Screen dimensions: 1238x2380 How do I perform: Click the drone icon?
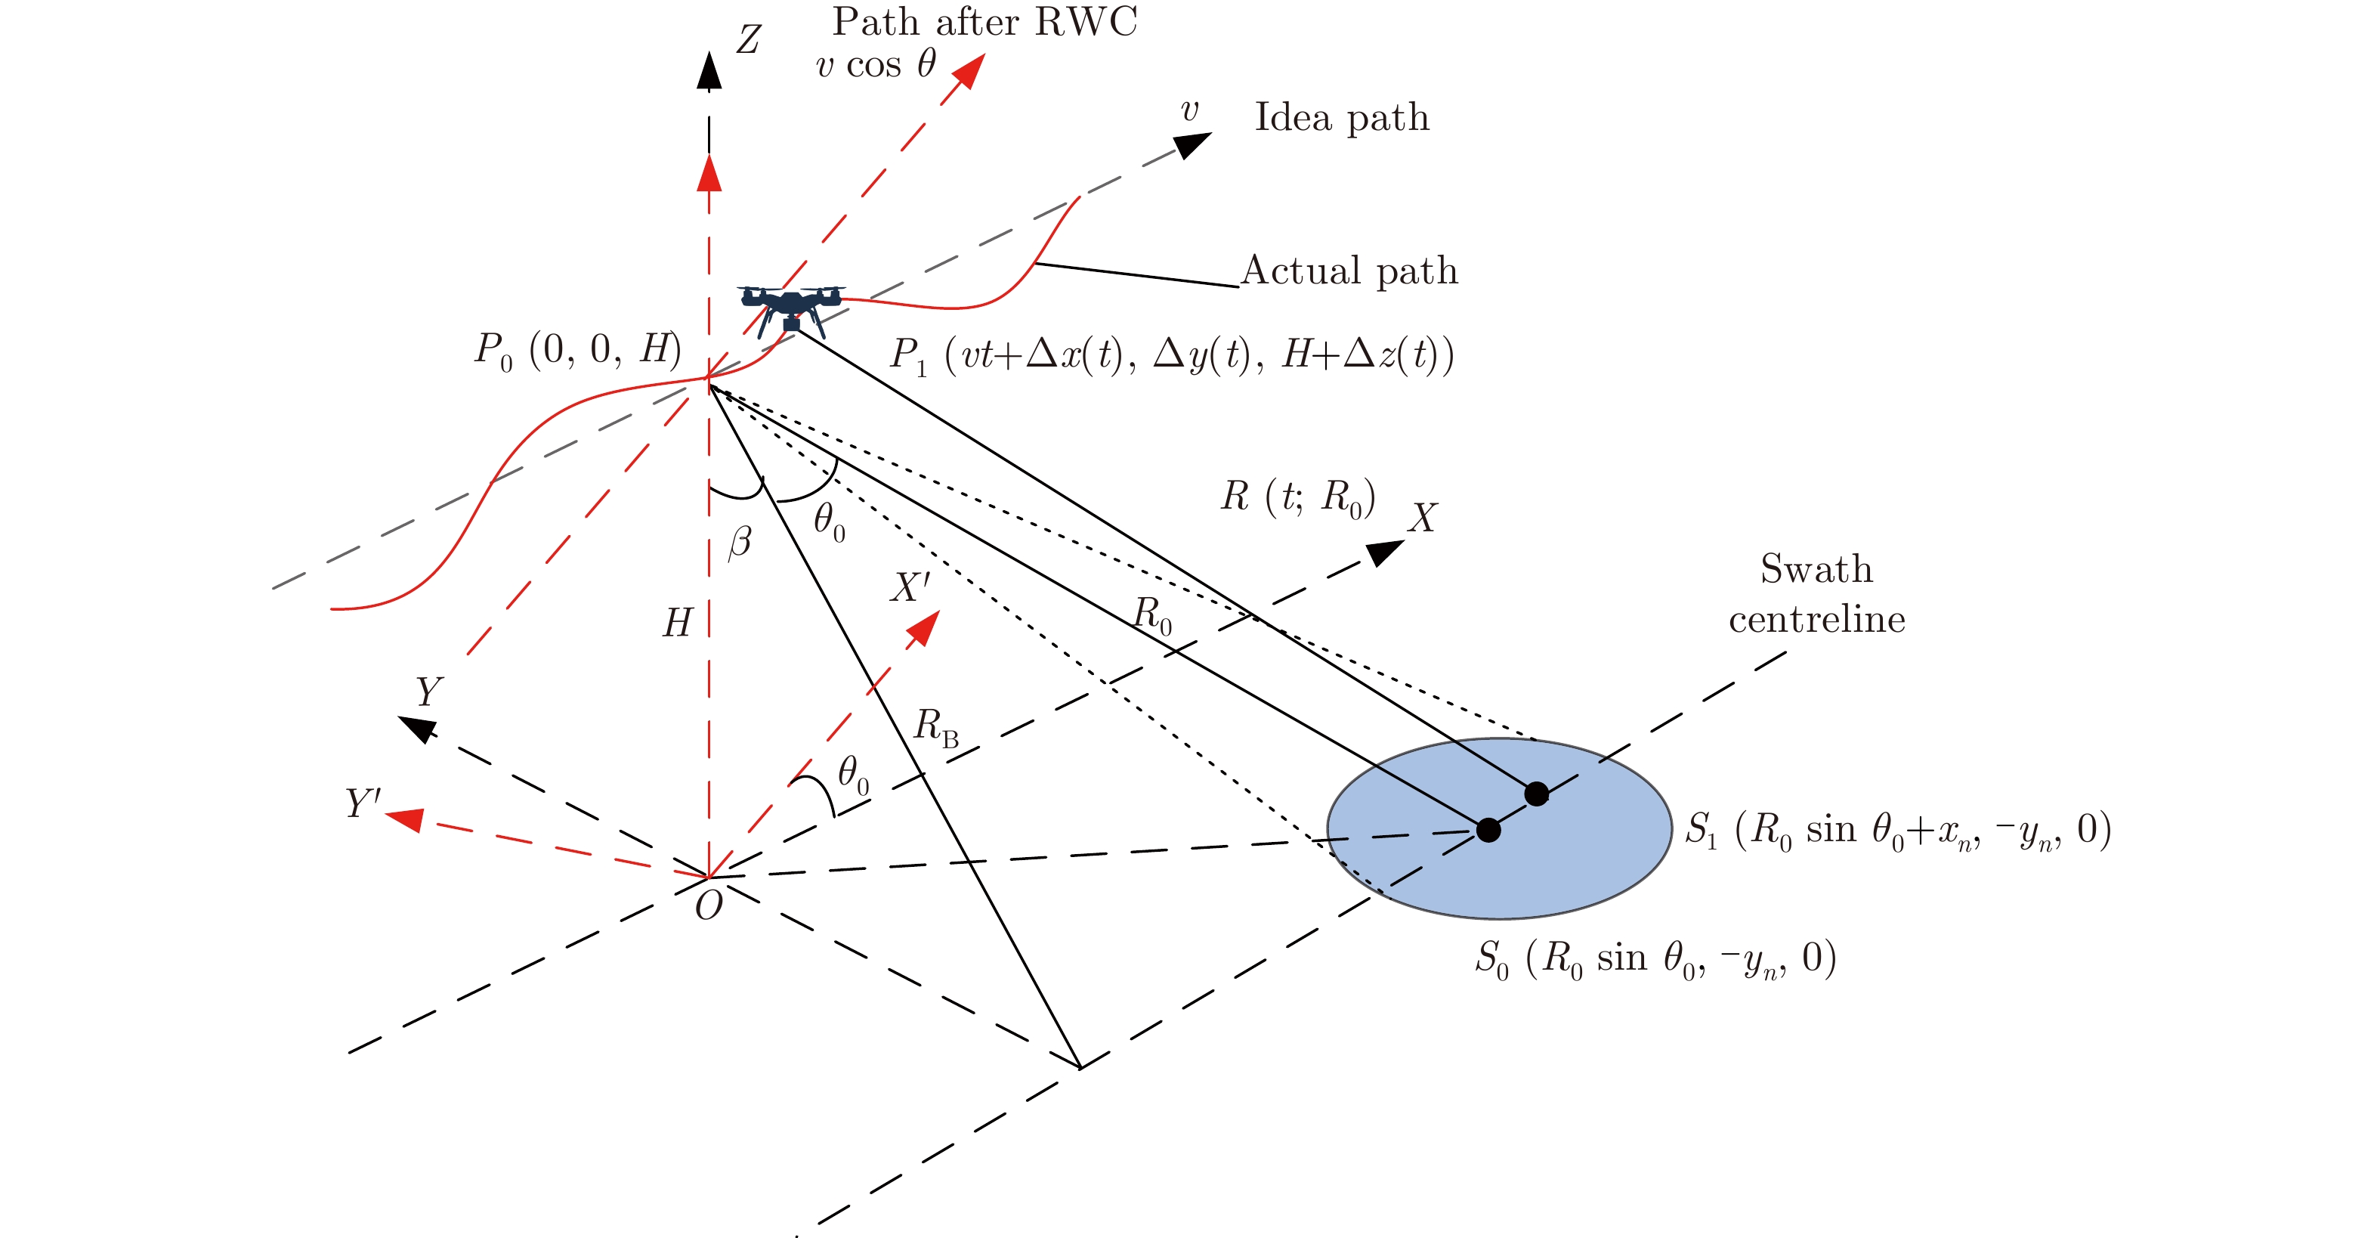(x=791, y=307)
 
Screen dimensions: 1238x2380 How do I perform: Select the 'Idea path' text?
(x=1342, y=118)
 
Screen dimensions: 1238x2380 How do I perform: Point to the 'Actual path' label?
(x=1349, y=271)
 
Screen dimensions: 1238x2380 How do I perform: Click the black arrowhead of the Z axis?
(x=709, y=72)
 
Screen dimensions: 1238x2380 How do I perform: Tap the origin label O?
(x=709, y=906)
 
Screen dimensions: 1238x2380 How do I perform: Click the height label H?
(x=677, y=624)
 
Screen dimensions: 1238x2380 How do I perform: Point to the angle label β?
(x=740, y=541)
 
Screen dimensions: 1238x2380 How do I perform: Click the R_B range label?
(x=935, y=726)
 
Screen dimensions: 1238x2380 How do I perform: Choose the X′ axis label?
(x=909, y=587)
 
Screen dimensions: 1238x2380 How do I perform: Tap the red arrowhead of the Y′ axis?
(x=405, y=819)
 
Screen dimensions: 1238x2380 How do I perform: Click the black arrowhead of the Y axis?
(x=418, y=728)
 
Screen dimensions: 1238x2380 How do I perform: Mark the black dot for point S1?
(x=1537, y=794)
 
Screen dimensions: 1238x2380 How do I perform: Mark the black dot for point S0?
(x=1488, y=830)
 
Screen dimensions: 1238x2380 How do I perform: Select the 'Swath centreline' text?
(x=1816, y=594)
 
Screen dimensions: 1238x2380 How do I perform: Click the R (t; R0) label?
(x=1298, y=498)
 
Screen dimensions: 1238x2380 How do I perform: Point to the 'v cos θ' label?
(x=876, y=66)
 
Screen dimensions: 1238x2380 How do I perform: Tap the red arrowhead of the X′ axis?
(x=923, y=628)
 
